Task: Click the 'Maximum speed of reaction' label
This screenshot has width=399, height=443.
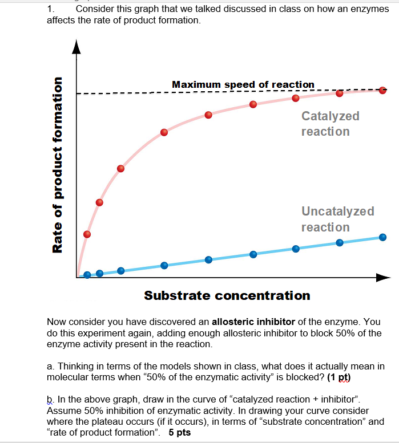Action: (243, 84)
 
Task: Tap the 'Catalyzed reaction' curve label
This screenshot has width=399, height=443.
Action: (330, 124)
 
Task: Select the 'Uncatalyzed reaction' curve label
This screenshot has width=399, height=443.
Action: (337, 219)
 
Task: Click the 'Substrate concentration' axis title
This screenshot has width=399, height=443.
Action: (227, 295)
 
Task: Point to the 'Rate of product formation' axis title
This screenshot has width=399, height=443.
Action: (58, 165)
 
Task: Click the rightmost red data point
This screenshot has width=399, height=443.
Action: (382, 90)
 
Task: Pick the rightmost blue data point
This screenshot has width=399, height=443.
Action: (382, 237)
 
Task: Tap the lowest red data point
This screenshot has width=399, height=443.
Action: (87, 234)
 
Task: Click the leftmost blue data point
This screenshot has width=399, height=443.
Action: (87, 275)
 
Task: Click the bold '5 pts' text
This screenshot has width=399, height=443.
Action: (180, 432)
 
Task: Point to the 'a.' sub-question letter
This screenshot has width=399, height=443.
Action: (50, 366)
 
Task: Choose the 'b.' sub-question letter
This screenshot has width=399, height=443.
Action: (50, 399)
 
